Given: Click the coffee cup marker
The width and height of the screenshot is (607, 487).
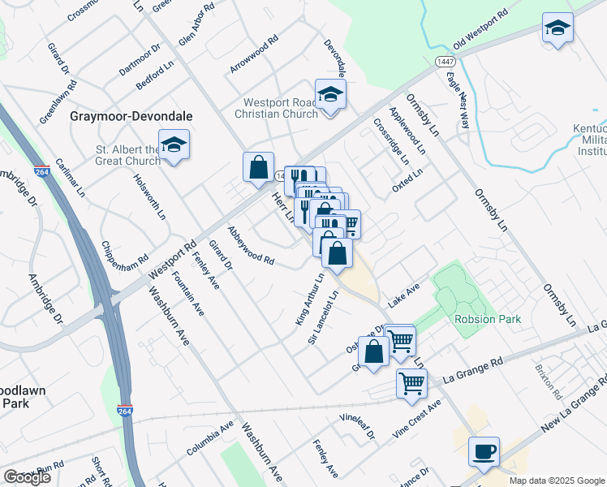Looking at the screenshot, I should [x=484, y=451].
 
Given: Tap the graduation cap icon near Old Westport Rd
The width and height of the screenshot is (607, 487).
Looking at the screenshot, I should [x=557, y=28].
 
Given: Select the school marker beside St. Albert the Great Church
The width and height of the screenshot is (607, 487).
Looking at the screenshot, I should [x=174, y=145].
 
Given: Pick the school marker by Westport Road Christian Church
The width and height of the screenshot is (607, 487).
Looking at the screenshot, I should [x=330, y=95].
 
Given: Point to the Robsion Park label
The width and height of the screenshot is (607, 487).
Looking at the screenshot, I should [x=488, y=319].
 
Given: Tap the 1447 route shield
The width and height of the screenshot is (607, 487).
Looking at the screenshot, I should [x=444, y=62].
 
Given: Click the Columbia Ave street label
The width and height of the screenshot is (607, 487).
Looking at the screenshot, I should [x=209, y=437].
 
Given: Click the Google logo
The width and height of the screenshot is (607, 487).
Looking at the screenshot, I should [x=27, y=477].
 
